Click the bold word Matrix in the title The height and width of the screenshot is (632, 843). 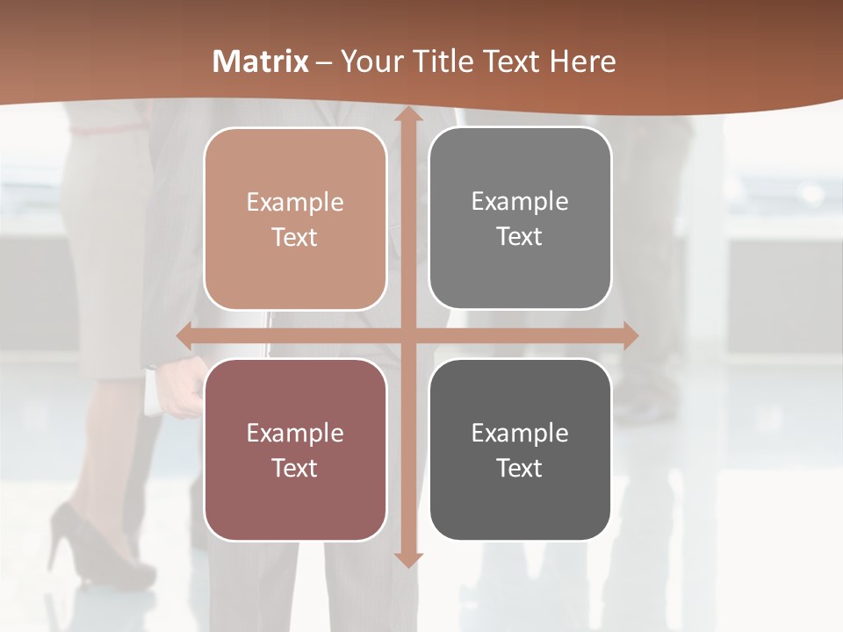(x=261, y=61)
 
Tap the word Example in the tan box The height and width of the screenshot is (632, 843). (x=295, y=203)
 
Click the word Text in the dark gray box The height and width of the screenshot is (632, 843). (x=520, y=468)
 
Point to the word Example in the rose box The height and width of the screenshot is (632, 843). (x=295, y=434)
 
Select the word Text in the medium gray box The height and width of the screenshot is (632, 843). (x=520, y=236)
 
